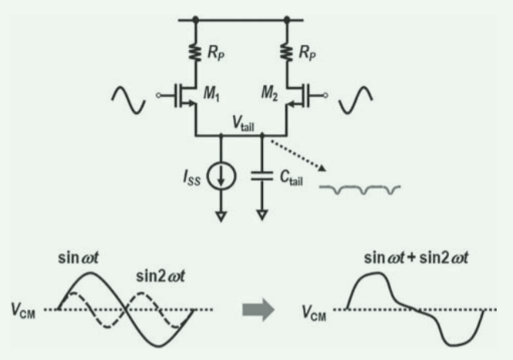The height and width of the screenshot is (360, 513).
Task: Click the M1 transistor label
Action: pos(211,96)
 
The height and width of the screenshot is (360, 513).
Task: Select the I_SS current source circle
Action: pos(222,179)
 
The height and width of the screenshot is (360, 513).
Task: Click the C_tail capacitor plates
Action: pos(263,178)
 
